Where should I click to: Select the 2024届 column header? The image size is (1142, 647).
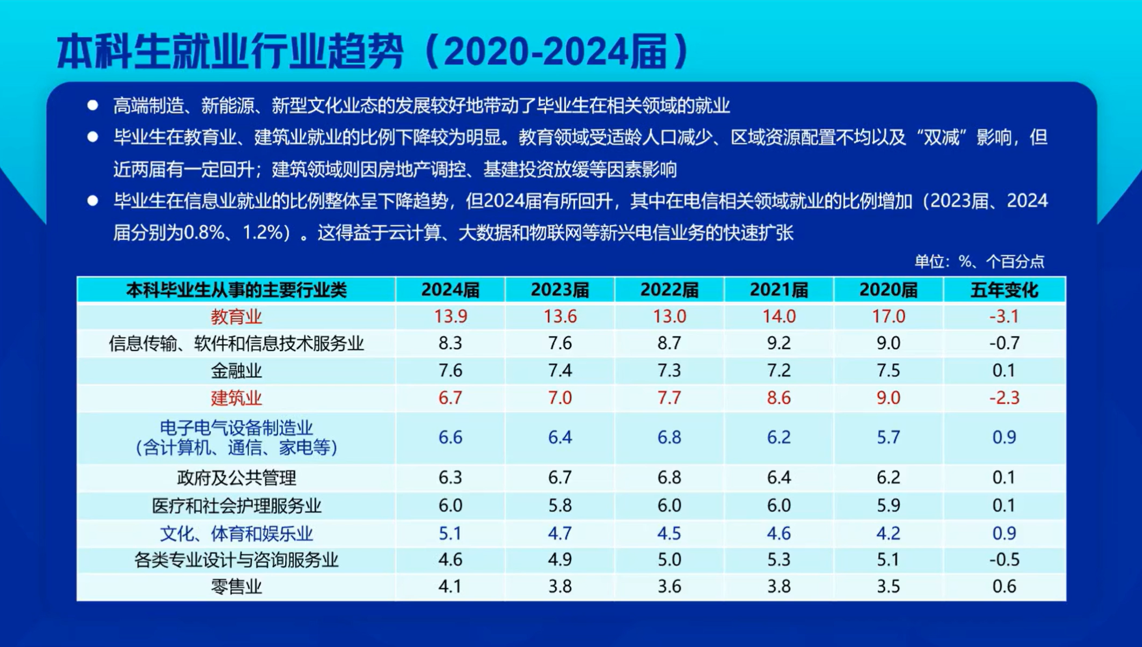click(450, 290)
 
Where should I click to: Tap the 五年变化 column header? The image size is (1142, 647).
click(1004, 290)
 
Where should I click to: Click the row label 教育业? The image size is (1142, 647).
click(236, 316)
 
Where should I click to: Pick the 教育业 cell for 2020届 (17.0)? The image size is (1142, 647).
click(888, 316)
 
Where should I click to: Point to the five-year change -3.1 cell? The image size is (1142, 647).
click(1004, 316)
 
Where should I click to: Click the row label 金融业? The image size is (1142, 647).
click(236, 371)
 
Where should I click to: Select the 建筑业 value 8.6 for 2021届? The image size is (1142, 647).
click(779, 398)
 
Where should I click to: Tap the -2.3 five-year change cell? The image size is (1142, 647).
click(1004, 398)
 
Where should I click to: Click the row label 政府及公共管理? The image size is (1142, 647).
click(236, 478)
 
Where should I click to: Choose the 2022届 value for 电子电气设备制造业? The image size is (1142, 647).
click(669, 437)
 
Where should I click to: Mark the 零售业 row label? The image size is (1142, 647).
click(236, 587)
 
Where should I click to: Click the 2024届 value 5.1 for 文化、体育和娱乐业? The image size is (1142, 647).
click(450, 533)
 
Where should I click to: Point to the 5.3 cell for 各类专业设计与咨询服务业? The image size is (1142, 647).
click(779, 560)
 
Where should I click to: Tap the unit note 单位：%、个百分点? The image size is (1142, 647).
click(979, 261)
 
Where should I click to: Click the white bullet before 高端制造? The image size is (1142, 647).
click(93, 105)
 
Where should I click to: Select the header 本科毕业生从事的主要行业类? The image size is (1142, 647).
click(236, 290)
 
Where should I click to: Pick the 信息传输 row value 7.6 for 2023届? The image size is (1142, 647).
click(560, 343)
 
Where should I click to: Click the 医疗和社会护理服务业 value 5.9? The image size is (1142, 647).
click(888, 505)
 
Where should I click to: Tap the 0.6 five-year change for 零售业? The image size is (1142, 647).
click(1004, 587)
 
